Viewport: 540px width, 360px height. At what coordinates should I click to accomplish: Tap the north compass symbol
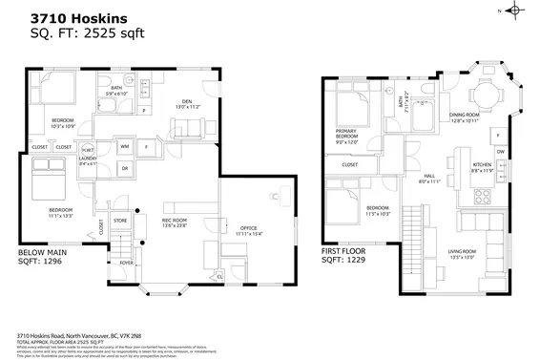coord(515,11)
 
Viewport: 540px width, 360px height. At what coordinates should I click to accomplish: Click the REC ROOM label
coord(175,222)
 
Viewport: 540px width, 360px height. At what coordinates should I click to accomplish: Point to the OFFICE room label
coord(248,229)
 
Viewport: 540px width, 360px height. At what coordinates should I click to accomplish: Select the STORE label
coord(121,222)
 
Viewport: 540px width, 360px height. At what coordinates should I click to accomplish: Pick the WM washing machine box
coord(125,146)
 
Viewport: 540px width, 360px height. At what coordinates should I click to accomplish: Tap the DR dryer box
coord(125,168)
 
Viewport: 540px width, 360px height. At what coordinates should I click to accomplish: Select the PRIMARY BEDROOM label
coord(346,136)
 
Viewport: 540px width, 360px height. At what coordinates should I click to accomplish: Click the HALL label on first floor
coord(429,177)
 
